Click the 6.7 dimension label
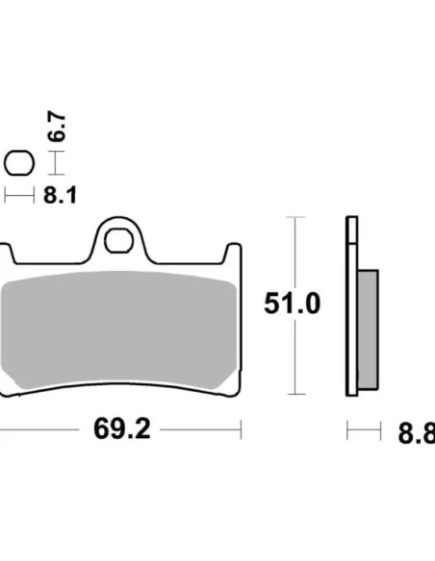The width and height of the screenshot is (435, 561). click(59, 128)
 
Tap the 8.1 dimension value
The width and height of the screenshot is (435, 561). click(60, 195)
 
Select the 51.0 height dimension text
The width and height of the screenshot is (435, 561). click(293, 305)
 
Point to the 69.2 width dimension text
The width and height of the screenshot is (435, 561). click(121, 428)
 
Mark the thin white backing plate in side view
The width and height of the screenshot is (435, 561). click(351, 307)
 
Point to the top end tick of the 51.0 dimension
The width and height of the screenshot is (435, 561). click(295, 218)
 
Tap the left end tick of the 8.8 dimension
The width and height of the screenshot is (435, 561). click(347, 430)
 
